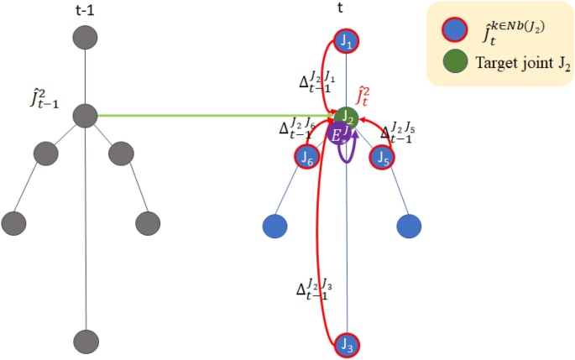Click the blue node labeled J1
[x=347, y=40]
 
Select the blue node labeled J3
[x=347, y=344]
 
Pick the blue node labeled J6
[x=307, y=156]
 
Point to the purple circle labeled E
[x=339, y=135]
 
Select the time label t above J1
[x=345, y=10]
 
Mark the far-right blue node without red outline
[x=409, y=226]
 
